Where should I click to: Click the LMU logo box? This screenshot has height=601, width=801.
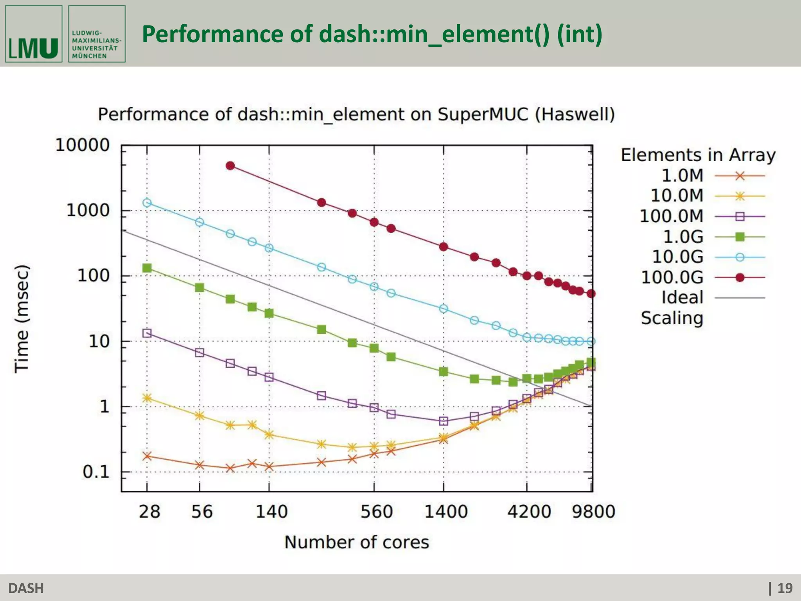(x=34, y=34)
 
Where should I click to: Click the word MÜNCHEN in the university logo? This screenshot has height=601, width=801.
(x=89, y=56)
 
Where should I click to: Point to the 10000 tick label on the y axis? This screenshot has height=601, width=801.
(x=83, y=145)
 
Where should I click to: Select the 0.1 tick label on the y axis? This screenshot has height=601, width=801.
(x=96, y=472)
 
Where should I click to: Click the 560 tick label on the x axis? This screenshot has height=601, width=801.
(x=376, y=512)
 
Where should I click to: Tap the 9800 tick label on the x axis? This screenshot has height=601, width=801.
(x=593, y=512)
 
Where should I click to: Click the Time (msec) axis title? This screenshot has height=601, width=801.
(x=22, y=319)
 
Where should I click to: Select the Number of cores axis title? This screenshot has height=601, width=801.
(x=356, y=542)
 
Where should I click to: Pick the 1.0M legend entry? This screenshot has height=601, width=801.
(x=682, y=176)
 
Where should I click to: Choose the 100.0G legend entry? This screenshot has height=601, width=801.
(x=672, y=277)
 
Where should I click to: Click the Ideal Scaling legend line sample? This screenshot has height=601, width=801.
(x=739, y=298)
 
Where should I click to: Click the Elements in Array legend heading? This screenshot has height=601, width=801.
(x=698, y=155)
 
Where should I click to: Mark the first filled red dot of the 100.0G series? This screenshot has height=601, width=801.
(x=230, y=166)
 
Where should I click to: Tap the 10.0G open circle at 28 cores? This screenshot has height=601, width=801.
(x=147, y=203)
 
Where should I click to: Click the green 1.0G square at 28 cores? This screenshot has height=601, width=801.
(x=147, y=268)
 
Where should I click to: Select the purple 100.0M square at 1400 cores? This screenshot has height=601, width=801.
(x=443, y=421)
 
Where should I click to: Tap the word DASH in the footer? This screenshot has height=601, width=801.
(x=26, y=588)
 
